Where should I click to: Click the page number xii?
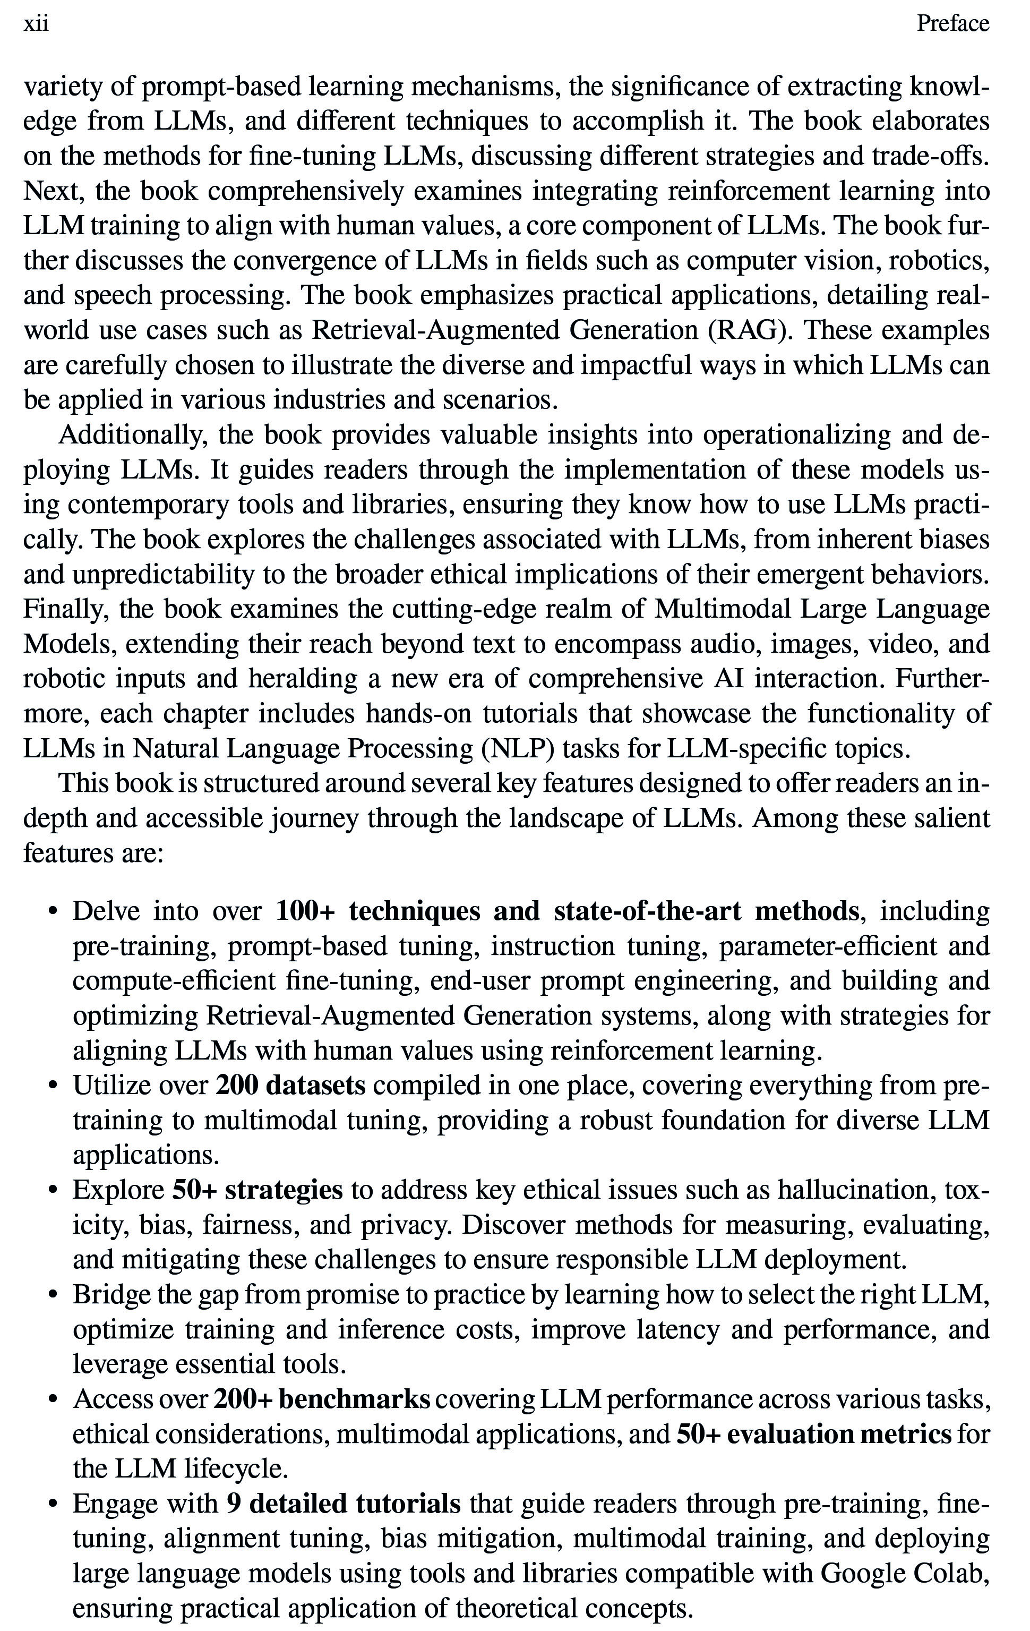point(36,24)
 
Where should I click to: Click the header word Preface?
point(952,24)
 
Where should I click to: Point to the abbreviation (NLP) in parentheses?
point(518,748)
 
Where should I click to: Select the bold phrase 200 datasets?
point(290,1085)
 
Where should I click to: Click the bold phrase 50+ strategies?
point(257,1190)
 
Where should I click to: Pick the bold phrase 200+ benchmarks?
point(322,1399)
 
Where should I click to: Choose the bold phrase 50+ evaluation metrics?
point(814,1434)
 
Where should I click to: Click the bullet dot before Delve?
point(53,912)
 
